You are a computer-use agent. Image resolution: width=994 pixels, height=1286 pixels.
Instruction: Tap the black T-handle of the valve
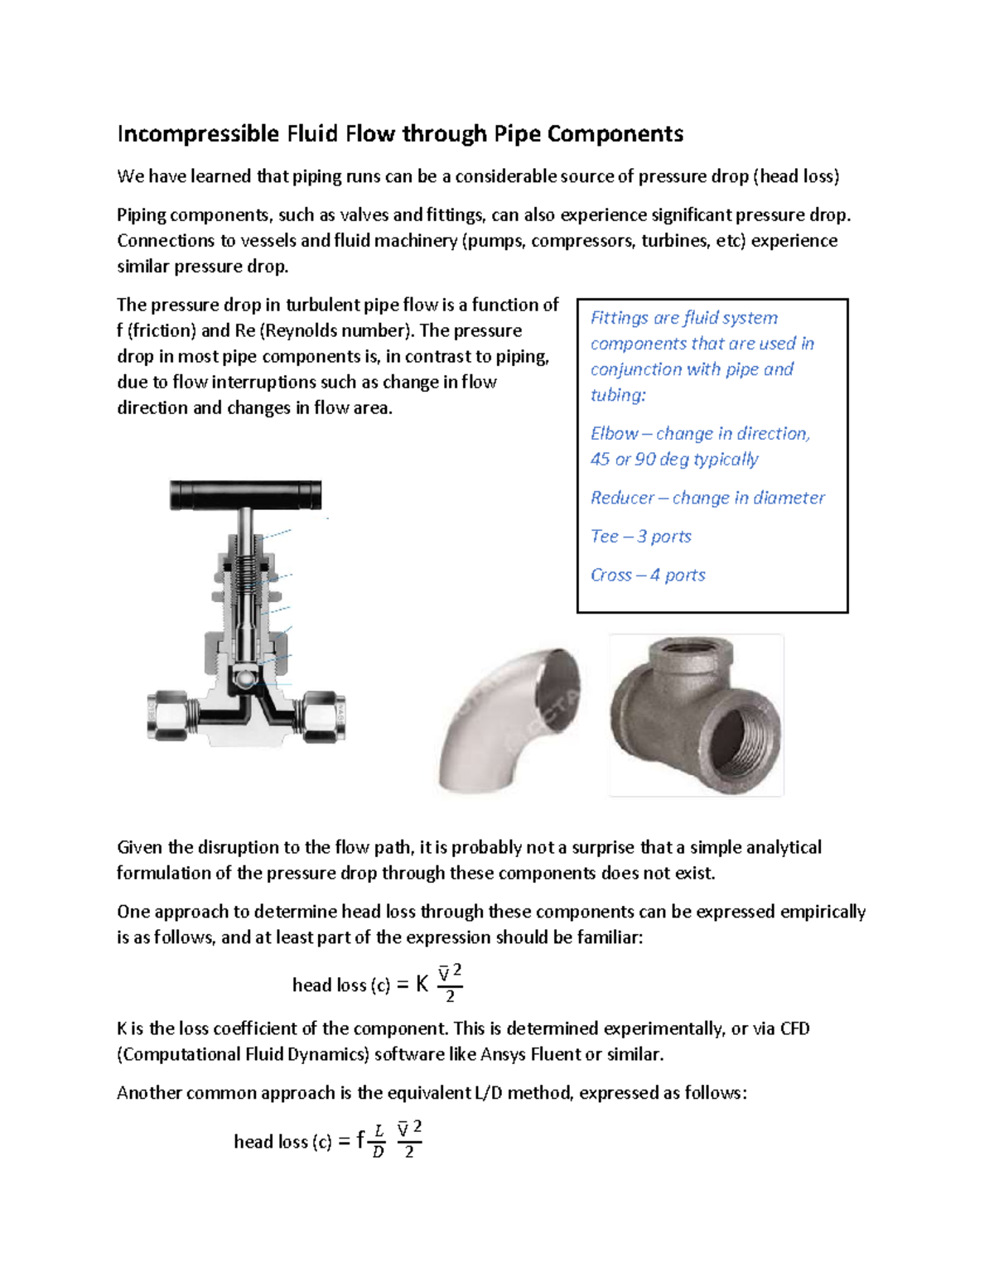245,494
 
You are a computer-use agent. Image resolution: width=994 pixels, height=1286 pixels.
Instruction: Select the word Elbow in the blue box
614,434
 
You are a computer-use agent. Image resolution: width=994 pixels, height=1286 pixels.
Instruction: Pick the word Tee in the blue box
604,537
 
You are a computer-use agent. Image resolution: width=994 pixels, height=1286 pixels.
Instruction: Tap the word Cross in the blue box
611,575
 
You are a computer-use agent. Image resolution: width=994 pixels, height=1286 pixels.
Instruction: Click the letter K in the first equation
422,984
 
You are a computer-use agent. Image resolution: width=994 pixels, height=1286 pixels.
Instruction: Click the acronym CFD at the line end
794,1028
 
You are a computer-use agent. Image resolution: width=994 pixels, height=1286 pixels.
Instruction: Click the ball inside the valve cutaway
245,677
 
